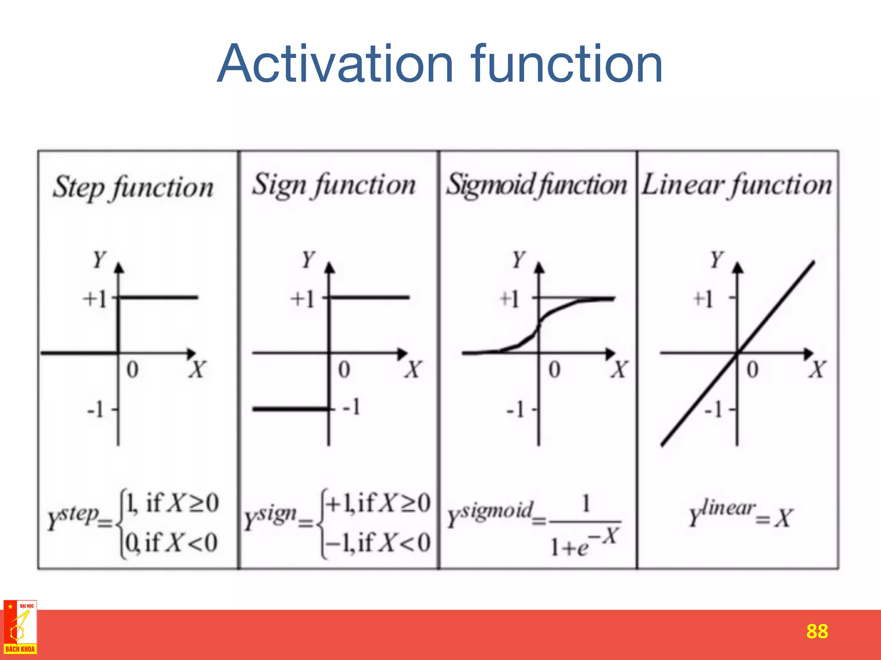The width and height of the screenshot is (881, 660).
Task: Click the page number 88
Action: [x=817, y=631]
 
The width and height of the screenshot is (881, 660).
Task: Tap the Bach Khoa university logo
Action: [x=20, y=627]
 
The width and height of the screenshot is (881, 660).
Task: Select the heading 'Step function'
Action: [x=133, y=188]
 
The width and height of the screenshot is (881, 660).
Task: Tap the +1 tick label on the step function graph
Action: [x=95, y=299]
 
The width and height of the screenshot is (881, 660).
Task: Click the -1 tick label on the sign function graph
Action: [x=351, y=406]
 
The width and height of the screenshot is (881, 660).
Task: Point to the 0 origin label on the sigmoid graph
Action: [x=554, y=370]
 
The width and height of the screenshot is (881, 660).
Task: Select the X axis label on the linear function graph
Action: [x=817, y=370]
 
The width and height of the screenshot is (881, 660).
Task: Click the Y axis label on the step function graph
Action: [x=99, y=260]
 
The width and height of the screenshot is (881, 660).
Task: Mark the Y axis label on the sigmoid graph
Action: [x=519, y=260]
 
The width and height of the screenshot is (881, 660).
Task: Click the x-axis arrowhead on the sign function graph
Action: [x=402, y=354]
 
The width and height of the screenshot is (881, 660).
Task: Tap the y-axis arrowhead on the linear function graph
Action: [x=738, y=268]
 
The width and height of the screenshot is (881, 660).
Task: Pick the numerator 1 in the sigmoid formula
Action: [x=585, y=504]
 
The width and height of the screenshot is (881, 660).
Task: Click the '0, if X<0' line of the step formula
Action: [x=171, y=543]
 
